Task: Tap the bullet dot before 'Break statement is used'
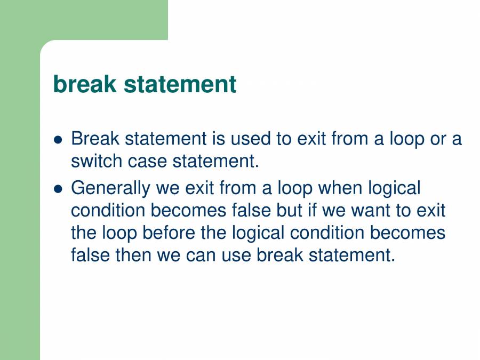tap(59, 140)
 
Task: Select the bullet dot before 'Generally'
tap(59, 189)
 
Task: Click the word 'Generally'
tap(111, 188)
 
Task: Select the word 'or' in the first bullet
tap(437, 139)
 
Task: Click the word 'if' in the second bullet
tap(312, 210)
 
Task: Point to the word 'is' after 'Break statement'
tap(218, 139)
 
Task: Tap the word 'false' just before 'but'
tap(251, 210)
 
